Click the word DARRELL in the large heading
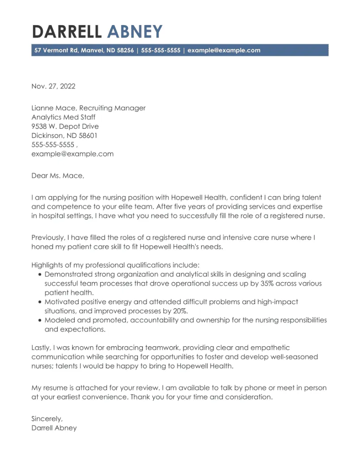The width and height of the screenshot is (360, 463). pos(68,32)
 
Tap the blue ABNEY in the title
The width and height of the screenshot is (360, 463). pos(135,32)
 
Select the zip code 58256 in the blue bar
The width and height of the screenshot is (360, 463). pos(125,51)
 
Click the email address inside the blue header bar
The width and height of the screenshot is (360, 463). pos(223,51)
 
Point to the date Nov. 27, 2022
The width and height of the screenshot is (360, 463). pos(53,86)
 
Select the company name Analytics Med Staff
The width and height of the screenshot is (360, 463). pos(63,117)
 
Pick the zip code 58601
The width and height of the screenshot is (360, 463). pos(87,136)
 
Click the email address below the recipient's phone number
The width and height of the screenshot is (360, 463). pos(72,154)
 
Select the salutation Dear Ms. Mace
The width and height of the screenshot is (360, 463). pos(57,176)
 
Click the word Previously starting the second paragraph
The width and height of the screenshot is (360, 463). pos(50,238)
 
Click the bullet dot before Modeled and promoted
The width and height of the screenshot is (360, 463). pos(40,320)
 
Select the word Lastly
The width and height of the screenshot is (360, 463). pos(42,348)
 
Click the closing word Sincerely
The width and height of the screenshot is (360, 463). pos(47,419)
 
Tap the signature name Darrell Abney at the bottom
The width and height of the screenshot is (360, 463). pos(54,428)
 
